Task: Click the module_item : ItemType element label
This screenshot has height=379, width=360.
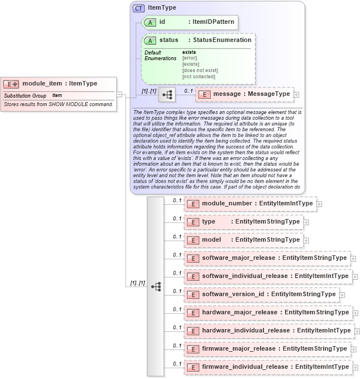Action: (59, 83)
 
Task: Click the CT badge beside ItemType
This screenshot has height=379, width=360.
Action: (138, 8)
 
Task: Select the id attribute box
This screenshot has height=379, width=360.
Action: (189, 22)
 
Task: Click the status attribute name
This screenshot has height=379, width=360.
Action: (169, 40)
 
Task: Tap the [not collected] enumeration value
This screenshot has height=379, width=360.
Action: (198, 76)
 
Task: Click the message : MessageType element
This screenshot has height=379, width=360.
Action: (244, 94)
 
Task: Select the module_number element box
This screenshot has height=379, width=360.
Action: (250, 203)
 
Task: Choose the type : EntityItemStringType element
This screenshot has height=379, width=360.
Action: (244, 221)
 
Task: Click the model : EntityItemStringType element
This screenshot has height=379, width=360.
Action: (243, 239)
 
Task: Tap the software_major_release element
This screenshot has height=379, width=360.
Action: (267, 258)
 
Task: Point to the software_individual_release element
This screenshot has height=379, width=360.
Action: (267, 276)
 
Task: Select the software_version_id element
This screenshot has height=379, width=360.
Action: (261, 294)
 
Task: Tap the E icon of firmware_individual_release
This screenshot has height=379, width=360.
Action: (192, 367)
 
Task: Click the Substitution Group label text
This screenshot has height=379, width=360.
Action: (25, 96)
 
